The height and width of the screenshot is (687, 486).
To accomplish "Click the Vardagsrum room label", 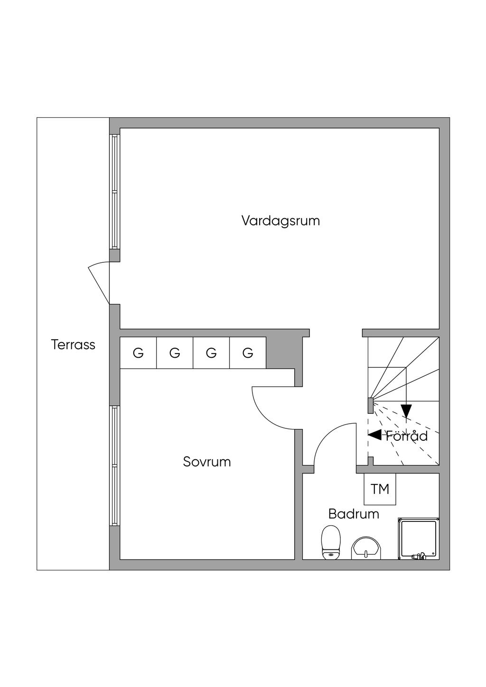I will (x=280, y=221).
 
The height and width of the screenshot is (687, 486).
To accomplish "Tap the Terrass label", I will (x=73, y=345).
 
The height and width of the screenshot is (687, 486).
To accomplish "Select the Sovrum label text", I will (x=207, y=462).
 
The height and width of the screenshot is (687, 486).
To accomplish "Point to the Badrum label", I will (x=354, y=514).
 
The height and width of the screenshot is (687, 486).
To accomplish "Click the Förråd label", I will (x=407, y=436).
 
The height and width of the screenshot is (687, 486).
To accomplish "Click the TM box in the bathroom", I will (x=380, y=489).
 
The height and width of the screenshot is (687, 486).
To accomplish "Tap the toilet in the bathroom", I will (x=331, y=542).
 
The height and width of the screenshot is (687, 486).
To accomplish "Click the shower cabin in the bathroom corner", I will (x=418, y=539).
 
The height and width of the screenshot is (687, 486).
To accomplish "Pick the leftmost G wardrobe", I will (x=138, y=353).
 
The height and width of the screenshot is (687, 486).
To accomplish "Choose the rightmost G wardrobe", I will (x=248, y=353).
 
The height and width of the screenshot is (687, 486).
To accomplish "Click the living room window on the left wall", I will (x=114, y=191).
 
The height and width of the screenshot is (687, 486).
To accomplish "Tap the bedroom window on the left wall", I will (x=114, y=465).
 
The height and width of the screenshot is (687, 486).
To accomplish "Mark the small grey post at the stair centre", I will (x=371, y=405).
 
